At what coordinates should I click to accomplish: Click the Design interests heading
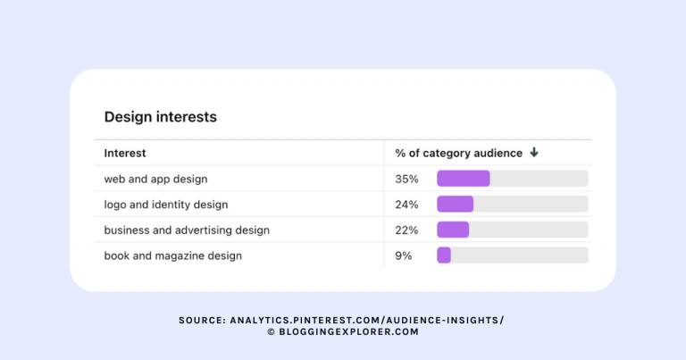click(x=160, y=117)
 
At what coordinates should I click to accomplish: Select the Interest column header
click(x=125, y=153)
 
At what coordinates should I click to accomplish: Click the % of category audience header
click(x=458, y=153)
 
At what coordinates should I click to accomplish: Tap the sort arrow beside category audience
click(x=534, y=153)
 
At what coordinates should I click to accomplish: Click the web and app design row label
click(x=155, y=179)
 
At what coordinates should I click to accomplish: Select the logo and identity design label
click(x=165, y=205)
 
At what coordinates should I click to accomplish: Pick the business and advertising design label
click(x=187, y=230)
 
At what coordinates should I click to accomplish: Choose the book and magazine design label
click(x=172, y=255)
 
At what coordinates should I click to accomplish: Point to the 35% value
click(x=406, y=179)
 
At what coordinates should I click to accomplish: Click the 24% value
click(x=406, y=205)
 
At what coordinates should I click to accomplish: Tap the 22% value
click(x=406, y=230)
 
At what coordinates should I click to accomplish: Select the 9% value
click(x=404, y=255)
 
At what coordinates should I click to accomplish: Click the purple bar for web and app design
click(x=463, y=179)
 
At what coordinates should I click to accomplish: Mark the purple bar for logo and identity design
click(x=455, y=205)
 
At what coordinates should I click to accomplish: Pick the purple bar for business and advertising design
click(x=453, y=230)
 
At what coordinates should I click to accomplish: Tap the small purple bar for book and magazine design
click(x=444, y=255)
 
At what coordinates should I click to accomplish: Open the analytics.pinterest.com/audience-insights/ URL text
click(x=372, y=320)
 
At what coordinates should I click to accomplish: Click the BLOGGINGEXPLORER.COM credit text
click(x=348, y=331)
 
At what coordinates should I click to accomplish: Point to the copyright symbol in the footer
click(x=271, y=331)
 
